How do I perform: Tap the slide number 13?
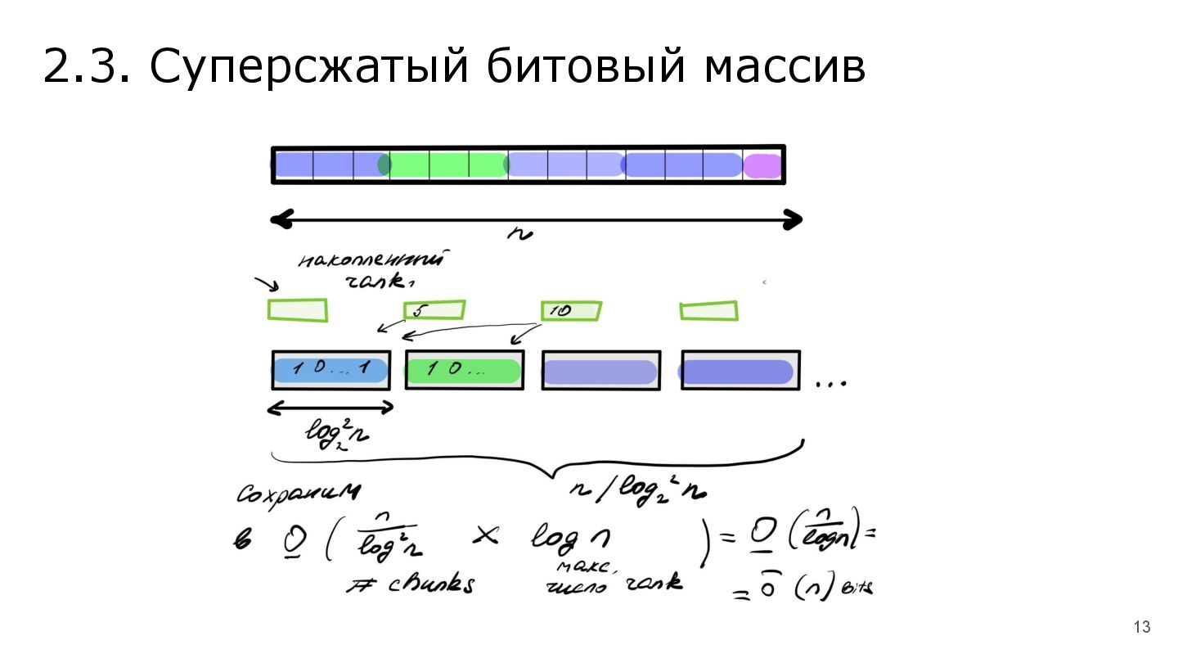tap(1142, 628)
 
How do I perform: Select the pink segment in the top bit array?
tap(762, 165)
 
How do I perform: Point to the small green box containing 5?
tap(434, 311)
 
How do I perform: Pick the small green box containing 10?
tap(571, 311)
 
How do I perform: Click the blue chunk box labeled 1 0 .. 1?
tap(330, 370)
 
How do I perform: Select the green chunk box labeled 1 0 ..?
tap(464, 370)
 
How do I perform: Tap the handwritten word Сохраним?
tap(299, 493)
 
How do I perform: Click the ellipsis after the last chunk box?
tap(831, 383)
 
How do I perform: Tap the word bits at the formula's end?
tap(860, 588)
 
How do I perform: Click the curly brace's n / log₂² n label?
tap(638, 491)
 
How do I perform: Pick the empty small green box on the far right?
tap(708, 311)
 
